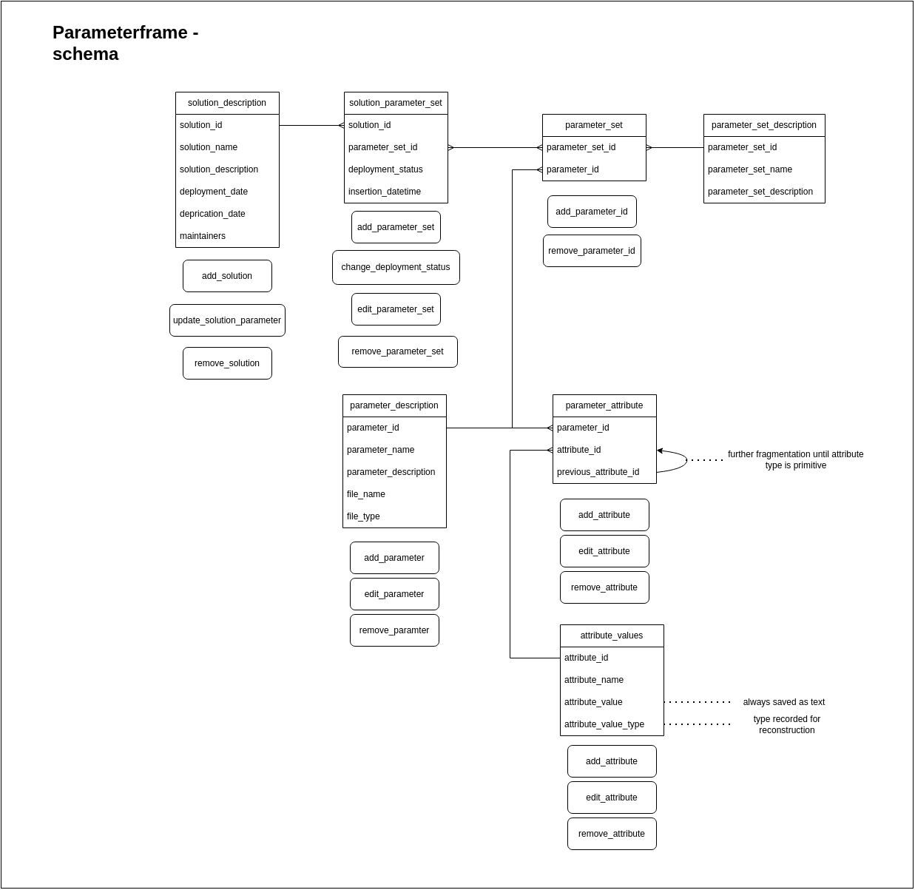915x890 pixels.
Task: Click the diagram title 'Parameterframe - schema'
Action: [x=125, y=43]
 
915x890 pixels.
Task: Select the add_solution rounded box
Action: [x=227, y=276]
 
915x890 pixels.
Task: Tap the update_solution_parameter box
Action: [x=227, y=320]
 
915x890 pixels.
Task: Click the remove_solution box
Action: [x=227, y=363]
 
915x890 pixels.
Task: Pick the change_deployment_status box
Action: [x=396, y=267]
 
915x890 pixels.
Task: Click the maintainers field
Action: [x=203, y=236]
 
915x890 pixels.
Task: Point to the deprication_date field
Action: [x=212, y=214]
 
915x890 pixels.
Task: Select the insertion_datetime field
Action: [x=385, y=192]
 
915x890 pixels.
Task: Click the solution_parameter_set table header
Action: [x=396, y=103]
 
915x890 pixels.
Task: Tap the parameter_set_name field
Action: [x=750, y=169]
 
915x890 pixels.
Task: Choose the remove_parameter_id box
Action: [x=592, y=251]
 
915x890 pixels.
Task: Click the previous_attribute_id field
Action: [x=598, y=472]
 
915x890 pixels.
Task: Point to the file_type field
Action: [x=363, y=516]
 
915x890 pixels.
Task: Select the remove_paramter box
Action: [x=394, y=630]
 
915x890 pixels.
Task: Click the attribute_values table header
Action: [x=612, y=636]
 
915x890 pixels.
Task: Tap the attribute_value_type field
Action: [x=604, y=724]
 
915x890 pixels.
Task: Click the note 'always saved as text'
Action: [x=784, y=702]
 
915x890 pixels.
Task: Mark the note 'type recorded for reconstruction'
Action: [x=787, y=724]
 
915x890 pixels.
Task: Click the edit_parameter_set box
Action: [x=396, y=309]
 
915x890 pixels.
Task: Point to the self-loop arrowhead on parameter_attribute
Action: [x=660, y=451]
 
